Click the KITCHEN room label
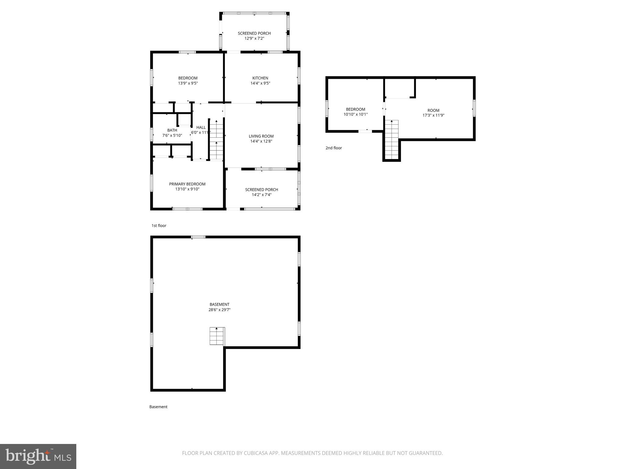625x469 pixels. pos(260,78)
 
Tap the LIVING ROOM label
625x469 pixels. pos(261,136)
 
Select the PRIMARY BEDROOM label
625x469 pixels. pos(187,184)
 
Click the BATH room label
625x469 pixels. pos(172,130)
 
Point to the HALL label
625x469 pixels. pos(201,127)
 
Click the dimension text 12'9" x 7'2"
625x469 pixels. pos(254,38)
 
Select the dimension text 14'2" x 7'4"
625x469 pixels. pos(262,195)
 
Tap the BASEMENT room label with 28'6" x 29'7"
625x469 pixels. pos(219,304)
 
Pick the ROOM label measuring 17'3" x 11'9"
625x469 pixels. pos(433,111)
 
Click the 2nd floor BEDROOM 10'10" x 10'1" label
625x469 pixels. pos(355,109)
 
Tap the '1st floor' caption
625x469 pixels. pos(159,226)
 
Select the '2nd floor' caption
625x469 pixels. pos(334,148)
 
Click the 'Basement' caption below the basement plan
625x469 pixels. pos(158,407)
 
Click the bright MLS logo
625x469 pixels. pos(38,456)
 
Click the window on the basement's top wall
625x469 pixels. pos(198,237)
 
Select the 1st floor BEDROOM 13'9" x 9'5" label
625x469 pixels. pos(188,78)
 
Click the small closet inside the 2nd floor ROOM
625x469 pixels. pos(399,88)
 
